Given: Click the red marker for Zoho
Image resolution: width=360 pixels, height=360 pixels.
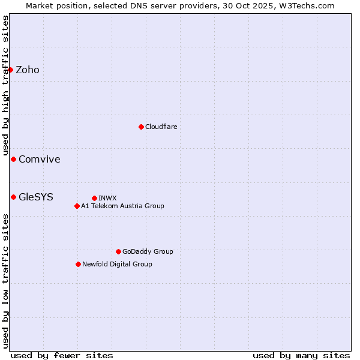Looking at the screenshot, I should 11,70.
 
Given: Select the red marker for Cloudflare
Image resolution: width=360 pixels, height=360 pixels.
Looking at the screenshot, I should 141,127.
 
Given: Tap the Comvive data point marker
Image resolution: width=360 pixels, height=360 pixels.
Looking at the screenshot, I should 14,159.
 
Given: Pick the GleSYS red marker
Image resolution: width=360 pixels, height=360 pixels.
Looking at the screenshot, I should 14,197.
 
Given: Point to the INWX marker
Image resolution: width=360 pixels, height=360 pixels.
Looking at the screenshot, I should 94,198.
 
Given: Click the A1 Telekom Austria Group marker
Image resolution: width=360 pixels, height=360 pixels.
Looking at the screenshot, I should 77,206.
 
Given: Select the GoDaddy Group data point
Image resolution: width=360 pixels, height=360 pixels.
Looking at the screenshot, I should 118,251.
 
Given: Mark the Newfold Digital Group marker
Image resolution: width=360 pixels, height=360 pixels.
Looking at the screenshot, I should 78,264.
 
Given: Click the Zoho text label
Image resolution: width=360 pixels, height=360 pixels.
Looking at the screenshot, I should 28,70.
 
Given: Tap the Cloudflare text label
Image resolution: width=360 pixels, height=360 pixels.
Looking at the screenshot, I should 161,127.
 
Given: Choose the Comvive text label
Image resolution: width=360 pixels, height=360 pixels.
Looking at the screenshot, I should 40,159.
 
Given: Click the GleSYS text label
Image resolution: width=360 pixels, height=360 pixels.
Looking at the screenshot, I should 36,197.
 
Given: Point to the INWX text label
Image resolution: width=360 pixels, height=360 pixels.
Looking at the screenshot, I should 108,198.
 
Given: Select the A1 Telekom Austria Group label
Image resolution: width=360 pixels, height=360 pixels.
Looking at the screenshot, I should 123,206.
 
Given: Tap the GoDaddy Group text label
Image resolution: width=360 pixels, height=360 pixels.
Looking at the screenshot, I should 148,251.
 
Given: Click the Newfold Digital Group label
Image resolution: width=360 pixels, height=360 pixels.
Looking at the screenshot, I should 118,264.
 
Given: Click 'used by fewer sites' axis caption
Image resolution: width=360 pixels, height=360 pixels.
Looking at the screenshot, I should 62,355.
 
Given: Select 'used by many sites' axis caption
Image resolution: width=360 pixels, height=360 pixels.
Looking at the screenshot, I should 301,355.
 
